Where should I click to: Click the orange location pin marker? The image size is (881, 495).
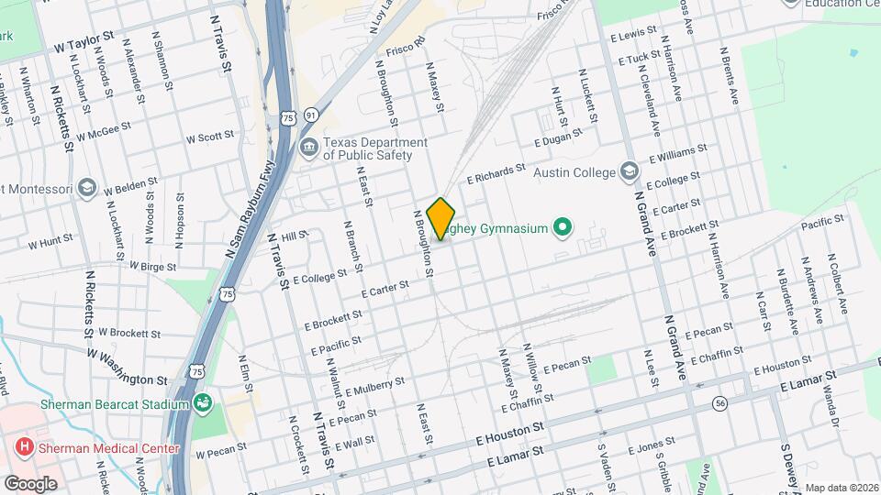pos(441,218)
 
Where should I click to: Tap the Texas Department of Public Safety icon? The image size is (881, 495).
pos(309,148)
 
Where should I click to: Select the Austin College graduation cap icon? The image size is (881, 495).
pos(629,171)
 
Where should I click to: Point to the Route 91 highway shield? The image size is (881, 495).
pos(312,115)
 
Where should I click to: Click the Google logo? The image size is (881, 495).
pos(30,483)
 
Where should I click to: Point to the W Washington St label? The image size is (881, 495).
pos(128,366)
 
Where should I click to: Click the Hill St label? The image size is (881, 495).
pos(294,236)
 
